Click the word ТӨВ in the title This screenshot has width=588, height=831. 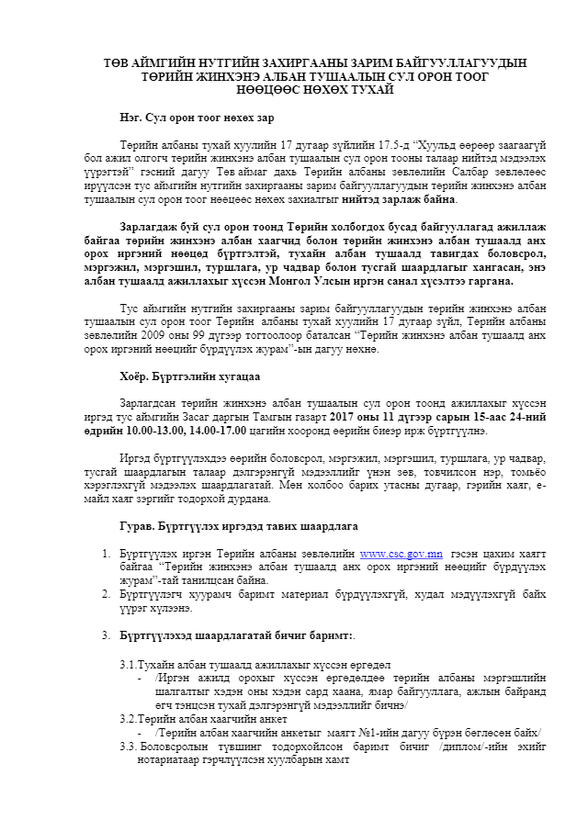pyautogui.click(x=115, y=62)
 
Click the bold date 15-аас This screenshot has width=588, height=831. pyautogui.click(x=490, y=417)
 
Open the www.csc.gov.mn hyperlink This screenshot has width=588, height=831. pyautogui.click(x=401, y=554)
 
